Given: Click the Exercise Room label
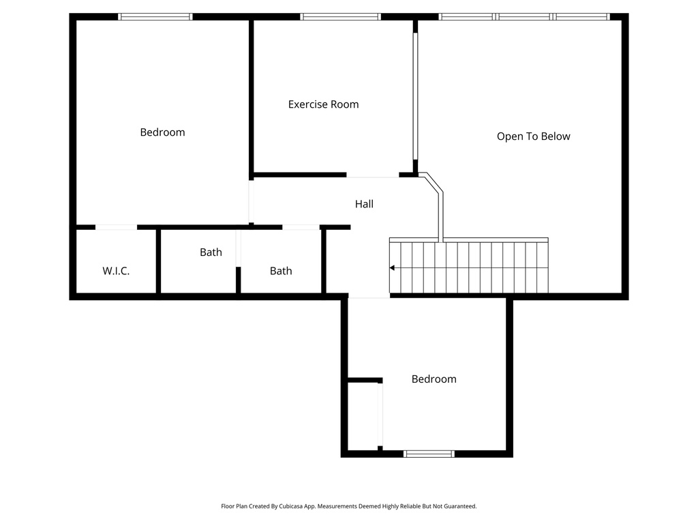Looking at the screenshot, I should coord(323,104).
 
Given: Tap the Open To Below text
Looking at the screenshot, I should coord(533,136).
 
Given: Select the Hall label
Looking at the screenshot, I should coord(364,204).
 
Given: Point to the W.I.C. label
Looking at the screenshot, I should coord(116,271).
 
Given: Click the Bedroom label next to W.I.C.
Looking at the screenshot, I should coord(162,132).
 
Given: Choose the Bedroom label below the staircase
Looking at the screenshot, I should coord(434,379).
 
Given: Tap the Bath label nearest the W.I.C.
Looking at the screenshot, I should coord(211,252).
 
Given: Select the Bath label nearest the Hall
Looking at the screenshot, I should coord(280,271).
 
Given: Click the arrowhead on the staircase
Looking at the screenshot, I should coord(392,268).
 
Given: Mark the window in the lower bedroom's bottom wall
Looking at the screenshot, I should coord(429,454).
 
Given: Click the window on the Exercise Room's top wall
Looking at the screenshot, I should coord(339,16).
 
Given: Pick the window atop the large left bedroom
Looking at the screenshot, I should coord(155,16).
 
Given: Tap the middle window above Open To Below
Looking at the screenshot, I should coord(523,16).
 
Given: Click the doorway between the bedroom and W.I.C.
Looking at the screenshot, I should coord(116,227).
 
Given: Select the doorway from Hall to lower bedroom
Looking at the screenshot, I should coord(369,297).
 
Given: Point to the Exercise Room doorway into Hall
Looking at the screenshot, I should coord(372,175).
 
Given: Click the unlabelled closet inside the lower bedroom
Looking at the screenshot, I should coord(363,416).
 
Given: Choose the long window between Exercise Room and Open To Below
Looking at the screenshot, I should coord(414,96).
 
